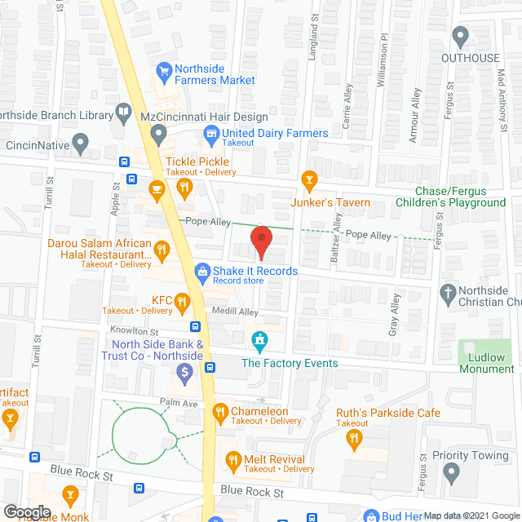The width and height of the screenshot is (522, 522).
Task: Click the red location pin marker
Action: tap(260, 242)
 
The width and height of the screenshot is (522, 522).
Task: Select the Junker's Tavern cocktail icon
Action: tap(308, 179)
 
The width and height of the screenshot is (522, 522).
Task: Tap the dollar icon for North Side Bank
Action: tap(185, 374)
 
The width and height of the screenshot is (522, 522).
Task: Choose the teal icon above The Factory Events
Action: tap(259, 338)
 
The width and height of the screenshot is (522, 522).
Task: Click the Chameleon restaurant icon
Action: tap(219, 413)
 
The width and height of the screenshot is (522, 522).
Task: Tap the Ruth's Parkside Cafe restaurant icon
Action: tap(353, 439)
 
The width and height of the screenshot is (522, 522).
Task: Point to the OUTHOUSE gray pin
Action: tap(460, 36)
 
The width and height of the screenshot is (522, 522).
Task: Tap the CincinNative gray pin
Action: tap(80, 145)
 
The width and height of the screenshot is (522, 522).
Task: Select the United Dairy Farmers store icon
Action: tap(211, 133)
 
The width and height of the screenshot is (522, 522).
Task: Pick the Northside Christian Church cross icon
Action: tap(448, 292)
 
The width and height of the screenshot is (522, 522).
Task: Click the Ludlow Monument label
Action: tap(486, 363)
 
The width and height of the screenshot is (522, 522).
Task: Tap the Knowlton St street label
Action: tap(134, 332)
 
